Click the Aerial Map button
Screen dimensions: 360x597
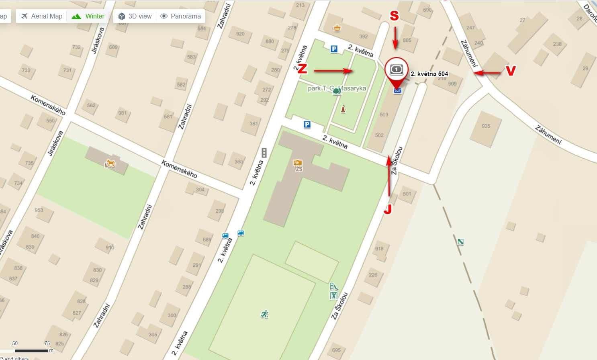41,16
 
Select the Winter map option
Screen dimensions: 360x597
88,16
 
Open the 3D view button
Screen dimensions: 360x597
135,16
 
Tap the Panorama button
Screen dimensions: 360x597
180,16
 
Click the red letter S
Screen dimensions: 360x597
395,16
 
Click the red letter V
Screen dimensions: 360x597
510,71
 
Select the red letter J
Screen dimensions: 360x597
387,209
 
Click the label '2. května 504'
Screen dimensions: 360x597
429,74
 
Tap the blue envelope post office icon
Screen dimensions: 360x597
397,91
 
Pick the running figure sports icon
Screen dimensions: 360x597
264,314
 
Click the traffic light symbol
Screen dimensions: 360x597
264,153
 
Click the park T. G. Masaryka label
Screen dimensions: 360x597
337,89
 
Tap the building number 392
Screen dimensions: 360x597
363,37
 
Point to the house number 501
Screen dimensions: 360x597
407,194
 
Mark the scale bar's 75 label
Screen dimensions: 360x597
47,343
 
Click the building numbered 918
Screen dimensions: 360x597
379,249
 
